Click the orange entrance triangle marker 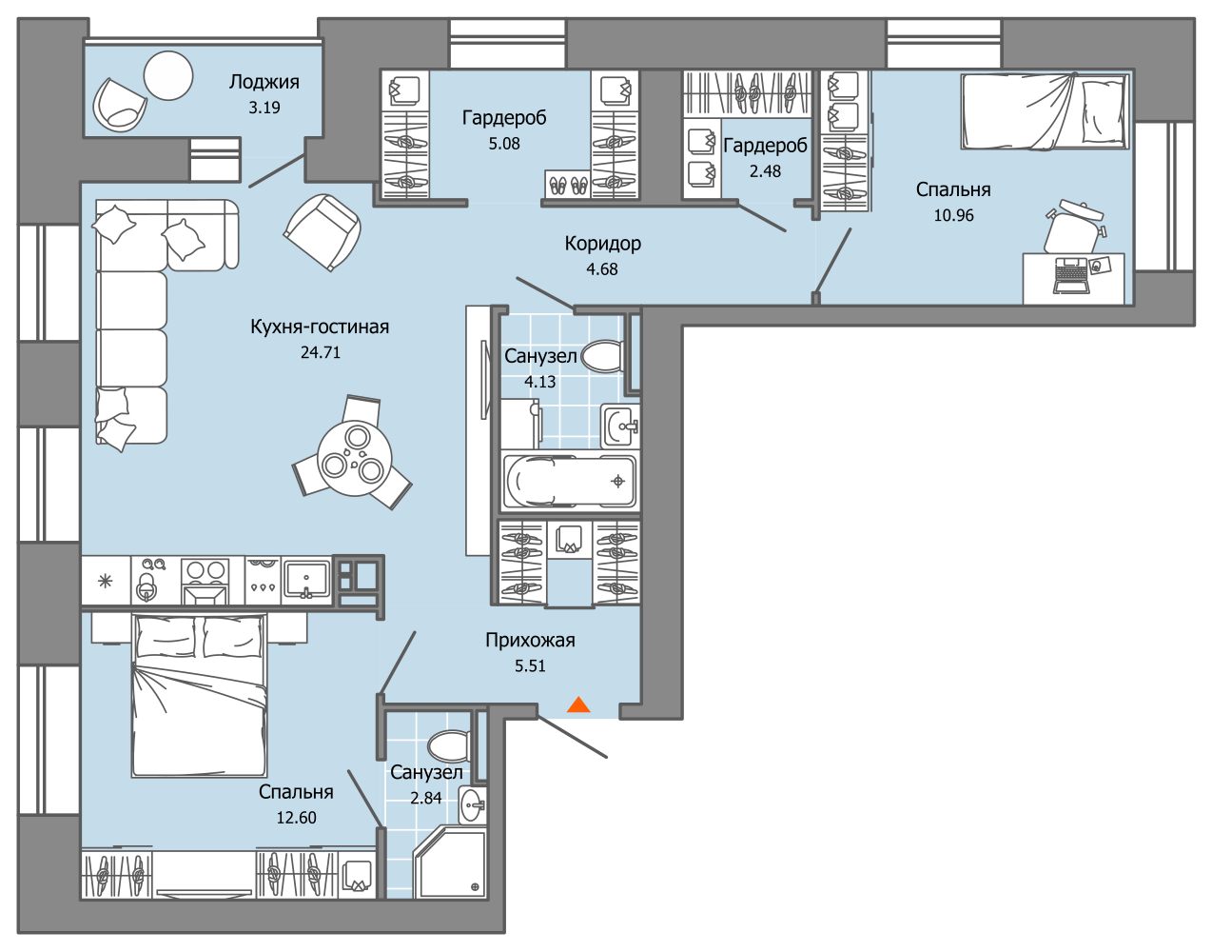pos(578,704)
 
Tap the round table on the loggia pos(168,76)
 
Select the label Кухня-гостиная pos(320,327)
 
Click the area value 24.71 pos(321,352)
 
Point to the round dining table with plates pos(355,459)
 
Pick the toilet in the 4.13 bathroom pos(602,356)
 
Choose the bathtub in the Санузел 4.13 pos(570,481)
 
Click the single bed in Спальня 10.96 pos(1046,111)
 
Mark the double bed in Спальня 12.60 pos(199,695)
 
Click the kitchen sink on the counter pos(306,581)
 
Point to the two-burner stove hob pos(205,581)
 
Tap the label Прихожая pos(530,640)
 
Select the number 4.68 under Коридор pos(602,269)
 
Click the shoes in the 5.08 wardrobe pos(568,184)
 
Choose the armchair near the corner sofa pos(323,232)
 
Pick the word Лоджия pos(264,82)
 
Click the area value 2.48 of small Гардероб pos(765,170)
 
